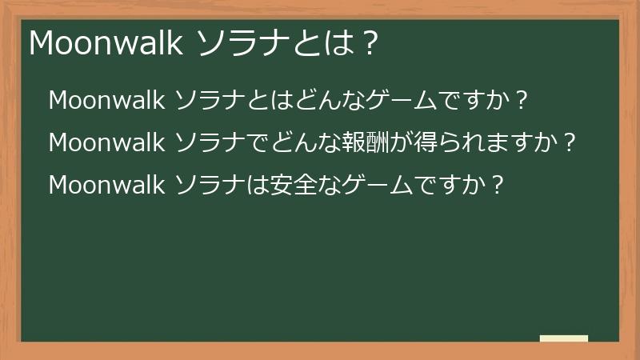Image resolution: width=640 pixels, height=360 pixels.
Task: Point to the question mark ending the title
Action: [x=369, y=44]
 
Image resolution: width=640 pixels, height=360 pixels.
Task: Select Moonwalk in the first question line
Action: [x=107, y=101]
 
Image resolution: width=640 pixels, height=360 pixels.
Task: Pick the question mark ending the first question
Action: [x=520, y=101]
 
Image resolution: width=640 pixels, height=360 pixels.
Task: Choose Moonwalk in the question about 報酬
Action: [x=107, y=143]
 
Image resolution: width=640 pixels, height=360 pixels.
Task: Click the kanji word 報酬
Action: [x=367, y=143]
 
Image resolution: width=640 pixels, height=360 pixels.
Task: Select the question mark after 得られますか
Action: [x=569, y=143]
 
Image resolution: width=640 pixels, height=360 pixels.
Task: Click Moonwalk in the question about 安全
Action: [x=107, y=186]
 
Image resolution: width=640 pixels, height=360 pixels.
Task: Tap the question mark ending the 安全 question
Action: [x=498, y=186]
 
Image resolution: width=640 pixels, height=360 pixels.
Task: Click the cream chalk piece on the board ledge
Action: [x=563, y=338]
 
